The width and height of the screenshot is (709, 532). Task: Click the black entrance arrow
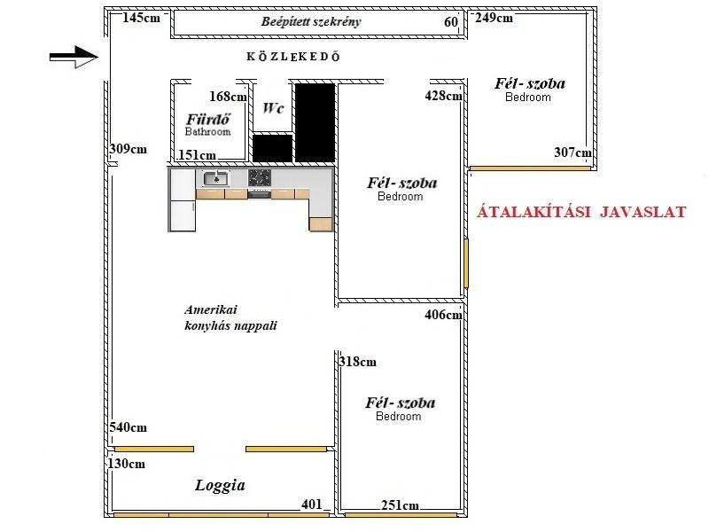pyautogui.click(x=74, y=57)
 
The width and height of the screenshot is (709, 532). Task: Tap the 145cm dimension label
pyautogui.click(x=142, y=18)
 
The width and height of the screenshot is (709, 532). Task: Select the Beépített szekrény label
pyautogui.click(x=311, y=21)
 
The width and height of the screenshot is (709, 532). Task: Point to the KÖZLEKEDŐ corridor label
pyautogui.click(x=293, y=57)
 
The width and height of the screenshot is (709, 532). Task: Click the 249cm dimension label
pyautogui.click(x=494, y=18)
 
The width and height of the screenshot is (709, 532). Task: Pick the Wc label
pyautogui.click(x=273, y=108)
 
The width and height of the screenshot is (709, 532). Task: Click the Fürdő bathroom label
pyautogui.click(x=208, y=125)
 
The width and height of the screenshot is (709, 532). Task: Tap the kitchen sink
pyautogui.click(x=216, y=179)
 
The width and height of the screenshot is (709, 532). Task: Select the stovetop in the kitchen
pyautogui.click(x=260, y=177)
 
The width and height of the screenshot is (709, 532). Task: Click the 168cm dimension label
pyautogui.click(x=229, y=97)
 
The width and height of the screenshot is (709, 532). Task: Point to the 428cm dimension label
pyautogui.click(x=444, y=96)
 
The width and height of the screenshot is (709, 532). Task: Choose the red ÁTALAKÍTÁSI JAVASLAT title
pyautogui.click(x=581, y=212)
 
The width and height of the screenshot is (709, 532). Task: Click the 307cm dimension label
pyautogui.click(x=573, y=153)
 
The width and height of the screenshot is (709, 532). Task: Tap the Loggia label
pyautogui.click(x=220, y=486)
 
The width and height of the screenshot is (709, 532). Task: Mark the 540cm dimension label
pyautogui.click(x=128, y=427)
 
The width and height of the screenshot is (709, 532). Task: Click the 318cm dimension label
pyautogui.click(x=358, y=362)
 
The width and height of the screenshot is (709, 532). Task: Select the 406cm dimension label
pyautogui.click(x=444, y=315)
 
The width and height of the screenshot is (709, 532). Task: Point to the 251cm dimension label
pyautogui.click(x=401, y=505)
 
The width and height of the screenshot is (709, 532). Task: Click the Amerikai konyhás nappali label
pyautogui.click(x=230, y=318)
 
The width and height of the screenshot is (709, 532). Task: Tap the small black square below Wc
pyautogui.click(x=272, y=148)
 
